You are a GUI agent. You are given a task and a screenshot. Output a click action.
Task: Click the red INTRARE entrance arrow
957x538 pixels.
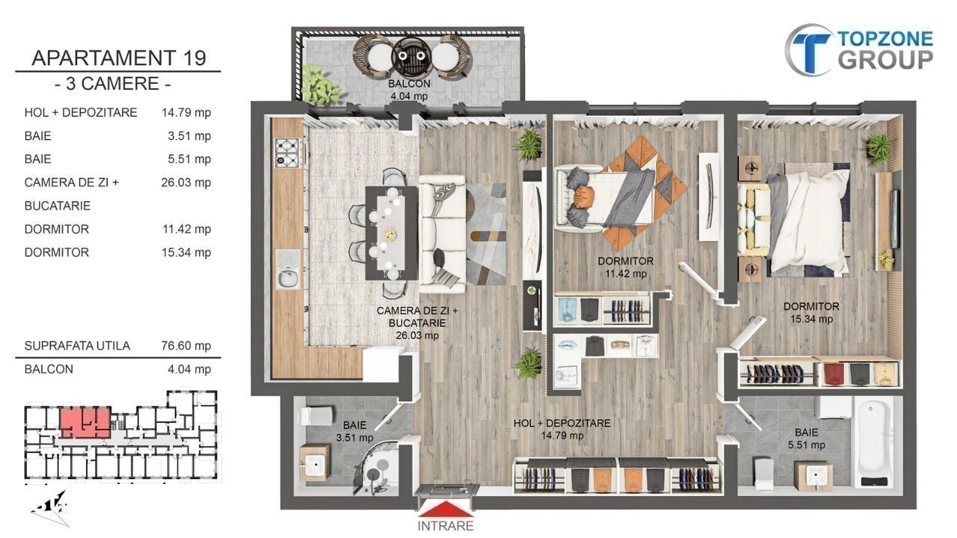[x=446, y=510]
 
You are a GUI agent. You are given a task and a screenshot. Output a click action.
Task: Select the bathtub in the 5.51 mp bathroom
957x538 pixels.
[x=874, y=442]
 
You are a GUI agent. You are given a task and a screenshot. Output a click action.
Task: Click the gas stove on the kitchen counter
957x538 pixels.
[x=286, y=152]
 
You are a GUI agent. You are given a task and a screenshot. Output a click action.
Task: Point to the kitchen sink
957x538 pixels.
[x=288, y=270]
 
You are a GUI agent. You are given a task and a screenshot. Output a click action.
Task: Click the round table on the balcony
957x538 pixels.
[x=411, y=56]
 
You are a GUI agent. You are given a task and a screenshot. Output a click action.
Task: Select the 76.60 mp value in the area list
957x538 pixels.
[x=186, y=345]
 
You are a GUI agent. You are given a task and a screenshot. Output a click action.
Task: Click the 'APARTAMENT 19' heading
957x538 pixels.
[x=119, y=58]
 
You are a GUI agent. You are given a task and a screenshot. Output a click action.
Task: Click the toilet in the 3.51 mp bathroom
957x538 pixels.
[x=316, y=416]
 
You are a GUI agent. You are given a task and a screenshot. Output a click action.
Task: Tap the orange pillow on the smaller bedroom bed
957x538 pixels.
[x=584, y=196]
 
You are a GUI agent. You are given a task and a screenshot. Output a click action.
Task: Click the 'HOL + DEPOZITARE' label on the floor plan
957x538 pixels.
[x=561, y=423]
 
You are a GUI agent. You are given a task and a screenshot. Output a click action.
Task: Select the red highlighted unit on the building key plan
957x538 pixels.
[x=84, y=423]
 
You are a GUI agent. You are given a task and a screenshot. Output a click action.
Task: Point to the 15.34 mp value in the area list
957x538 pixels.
[x=186, y=253]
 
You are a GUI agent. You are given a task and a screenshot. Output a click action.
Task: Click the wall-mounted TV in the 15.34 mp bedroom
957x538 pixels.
[x=894, y=219]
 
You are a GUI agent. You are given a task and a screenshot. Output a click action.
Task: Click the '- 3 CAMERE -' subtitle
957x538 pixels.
[x=113, y=84]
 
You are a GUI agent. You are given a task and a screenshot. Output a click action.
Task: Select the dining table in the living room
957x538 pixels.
[x=391, y=233]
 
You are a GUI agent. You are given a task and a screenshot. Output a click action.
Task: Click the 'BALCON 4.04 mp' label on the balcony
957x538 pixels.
[x=409, y=90]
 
